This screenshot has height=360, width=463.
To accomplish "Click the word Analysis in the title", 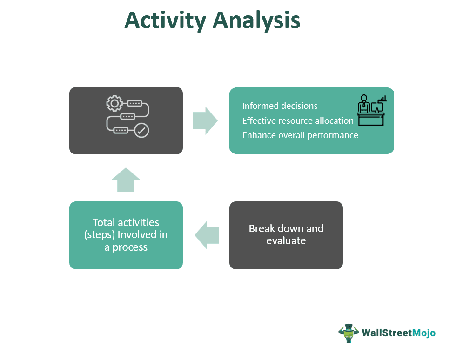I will point(257,20).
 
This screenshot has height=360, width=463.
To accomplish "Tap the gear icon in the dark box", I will point(114,103).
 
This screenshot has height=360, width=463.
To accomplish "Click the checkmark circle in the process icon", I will point(141,131).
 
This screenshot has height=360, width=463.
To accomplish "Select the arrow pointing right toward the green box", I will point(205,121).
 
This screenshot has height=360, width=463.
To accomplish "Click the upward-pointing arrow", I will point(126,180).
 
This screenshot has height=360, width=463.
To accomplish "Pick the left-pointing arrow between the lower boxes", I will point(207,235).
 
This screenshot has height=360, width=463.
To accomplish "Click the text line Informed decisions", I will point(280,106).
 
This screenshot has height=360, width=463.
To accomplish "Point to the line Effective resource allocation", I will point(298,121).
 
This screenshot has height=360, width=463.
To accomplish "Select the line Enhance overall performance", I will point(300,135).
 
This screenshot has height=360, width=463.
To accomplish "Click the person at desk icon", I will point(368,110).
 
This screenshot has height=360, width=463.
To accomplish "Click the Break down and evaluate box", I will point(286,235).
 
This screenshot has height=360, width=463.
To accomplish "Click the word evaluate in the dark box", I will point(286,241).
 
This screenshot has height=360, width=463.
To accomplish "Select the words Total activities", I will point(126,222).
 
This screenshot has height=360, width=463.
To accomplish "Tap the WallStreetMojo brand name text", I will point(398,333).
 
